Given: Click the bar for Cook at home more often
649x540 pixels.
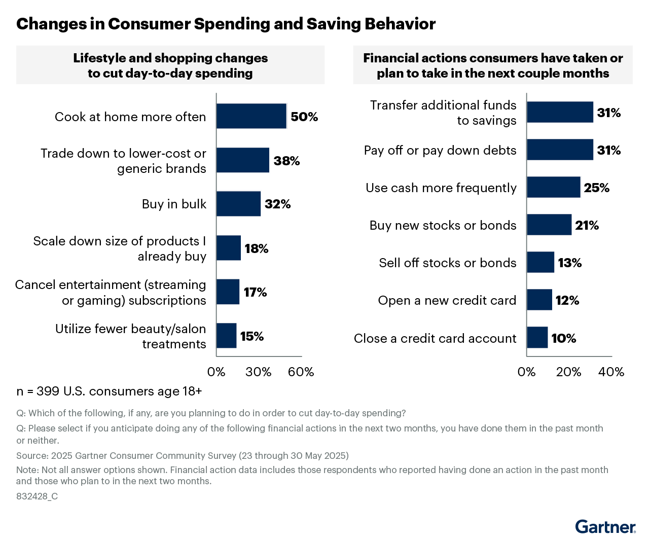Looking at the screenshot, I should [x=251, y=116].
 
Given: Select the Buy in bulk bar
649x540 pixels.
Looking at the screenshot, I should [x=238, y=204].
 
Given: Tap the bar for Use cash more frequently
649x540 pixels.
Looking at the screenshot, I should [x=553, y=187].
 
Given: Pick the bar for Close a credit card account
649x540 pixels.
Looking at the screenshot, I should [x=537, y=338].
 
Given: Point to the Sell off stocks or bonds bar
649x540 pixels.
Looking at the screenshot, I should [x=540, y=262].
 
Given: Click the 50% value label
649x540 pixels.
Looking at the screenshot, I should [x=304, y=117].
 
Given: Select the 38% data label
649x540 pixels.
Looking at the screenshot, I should [x=286, y=161].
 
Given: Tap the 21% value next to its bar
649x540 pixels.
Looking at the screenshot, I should [x=587, y=225].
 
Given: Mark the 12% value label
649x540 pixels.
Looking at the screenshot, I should [x=567, y=300].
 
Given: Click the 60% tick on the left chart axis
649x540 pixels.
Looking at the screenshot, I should [x=301, y=372].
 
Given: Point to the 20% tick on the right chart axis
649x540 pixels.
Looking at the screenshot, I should [x=568, y=372].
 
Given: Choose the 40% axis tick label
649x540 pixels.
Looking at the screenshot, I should [x=611, y=372].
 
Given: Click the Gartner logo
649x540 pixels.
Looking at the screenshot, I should [x=605, y=527].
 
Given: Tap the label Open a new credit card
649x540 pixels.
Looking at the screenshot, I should [x=447, y=300].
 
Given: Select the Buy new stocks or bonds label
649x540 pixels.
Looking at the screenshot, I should [x=443, y=225].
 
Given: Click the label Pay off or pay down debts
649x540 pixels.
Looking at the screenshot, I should [x=440, y=150].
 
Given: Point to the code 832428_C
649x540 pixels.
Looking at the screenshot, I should [x=37, y=496].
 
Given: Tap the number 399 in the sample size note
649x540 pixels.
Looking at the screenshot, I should [x=48, y=391].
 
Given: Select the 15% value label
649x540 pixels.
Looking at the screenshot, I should [x=251, y=336].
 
